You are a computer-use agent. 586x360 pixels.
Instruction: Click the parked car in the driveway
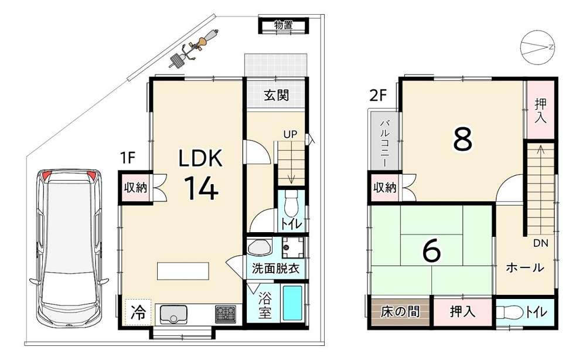tap(69, 248)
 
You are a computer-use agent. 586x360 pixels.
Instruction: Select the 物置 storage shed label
tap(284, 25)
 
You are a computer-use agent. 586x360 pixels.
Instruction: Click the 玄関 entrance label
tap(277, 95)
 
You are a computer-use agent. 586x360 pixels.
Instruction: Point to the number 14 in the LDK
tap(200, 188)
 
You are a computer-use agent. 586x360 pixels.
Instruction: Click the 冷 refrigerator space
tap(138, 313)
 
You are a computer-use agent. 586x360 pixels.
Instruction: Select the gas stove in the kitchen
tap(226, 314)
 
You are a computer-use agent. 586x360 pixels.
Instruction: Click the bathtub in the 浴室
tap(294, 303)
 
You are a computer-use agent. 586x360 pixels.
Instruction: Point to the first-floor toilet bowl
tap(291, 203)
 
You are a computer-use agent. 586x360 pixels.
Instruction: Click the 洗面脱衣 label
tap(276, 269)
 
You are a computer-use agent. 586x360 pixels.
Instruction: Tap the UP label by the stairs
tap(290, 135)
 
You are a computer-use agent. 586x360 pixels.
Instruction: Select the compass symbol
tap(537, 47)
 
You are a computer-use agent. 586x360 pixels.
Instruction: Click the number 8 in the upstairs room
tap(463, 138)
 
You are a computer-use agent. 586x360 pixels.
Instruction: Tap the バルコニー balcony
tap(384, 144)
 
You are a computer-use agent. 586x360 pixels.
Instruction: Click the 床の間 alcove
tap(400, 311)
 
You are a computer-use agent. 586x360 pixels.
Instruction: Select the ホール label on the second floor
tap(524, 268)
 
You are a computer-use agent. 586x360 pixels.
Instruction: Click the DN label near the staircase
tap(540, 243)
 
